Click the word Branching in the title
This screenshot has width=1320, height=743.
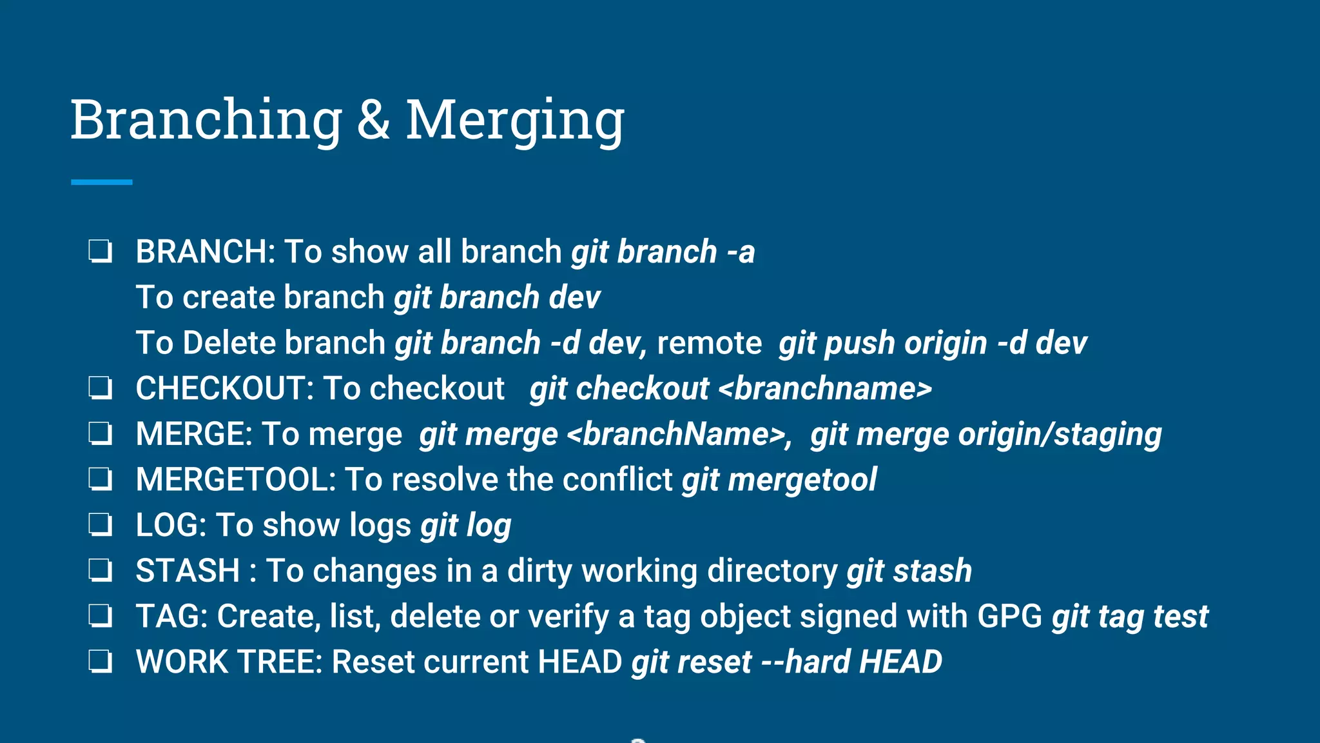coord(206,120)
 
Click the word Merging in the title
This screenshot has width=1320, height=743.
coord(515,120)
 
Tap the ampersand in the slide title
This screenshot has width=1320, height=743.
coord(374,120)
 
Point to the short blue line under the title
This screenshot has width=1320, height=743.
coord(102,183)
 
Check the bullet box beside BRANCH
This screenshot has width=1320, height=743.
coord(101,252)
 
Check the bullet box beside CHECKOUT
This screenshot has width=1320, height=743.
coord(101,388)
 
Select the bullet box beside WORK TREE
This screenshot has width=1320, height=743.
coord(101,662)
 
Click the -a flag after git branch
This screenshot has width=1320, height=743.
coord(741,252)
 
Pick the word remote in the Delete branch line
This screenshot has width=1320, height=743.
coord(709,343)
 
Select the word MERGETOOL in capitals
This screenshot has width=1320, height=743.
coord(235,480)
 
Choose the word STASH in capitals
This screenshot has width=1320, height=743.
coord(188,571)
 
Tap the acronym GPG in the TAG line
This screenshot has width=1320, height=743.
coord(1009,617)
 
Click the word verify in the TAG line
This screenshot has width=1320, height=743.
coord(568,617)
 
